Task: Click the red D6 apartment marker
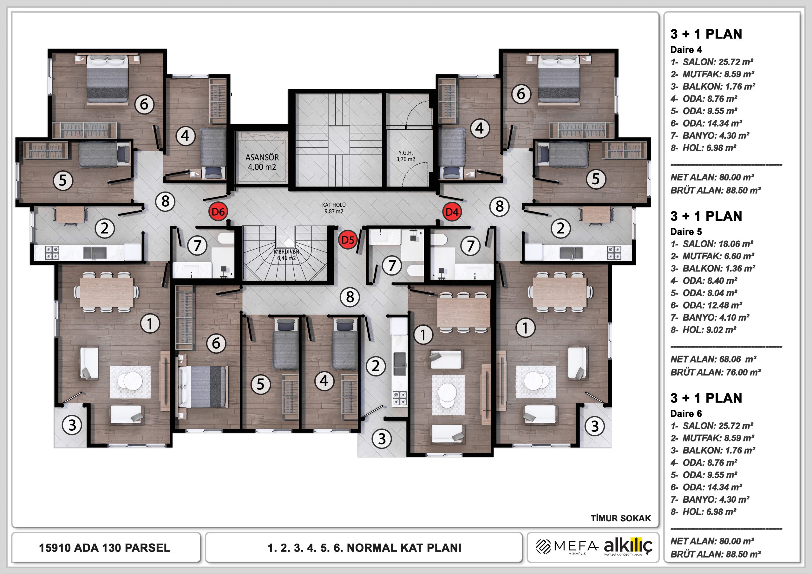(218, 212)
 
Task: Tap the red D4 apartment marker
(452, 212)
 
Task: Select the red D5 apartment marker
(348, 240)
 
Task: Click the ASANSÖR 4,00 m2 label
(262, 162)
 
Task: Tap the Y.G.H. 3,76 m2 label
(406, 156)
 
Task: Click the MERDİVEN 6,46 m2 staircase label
(286, 255)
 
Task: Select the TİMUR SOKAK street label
(621, 519)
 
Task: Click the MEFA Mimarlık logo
(567, 547)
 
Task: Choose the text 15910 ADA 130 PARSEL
(105, 548)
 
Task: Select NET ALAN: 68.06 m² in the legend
(713, 359)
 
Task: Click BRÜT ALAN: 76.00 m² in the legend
(716, 372)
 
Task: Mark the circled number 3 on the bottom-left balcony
(72, 425)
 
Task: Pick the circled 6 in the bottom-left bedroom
(216, 343)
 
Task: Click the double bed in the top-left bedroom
(108, 79)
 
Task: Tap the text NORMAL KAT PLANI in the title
(404, 548)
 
